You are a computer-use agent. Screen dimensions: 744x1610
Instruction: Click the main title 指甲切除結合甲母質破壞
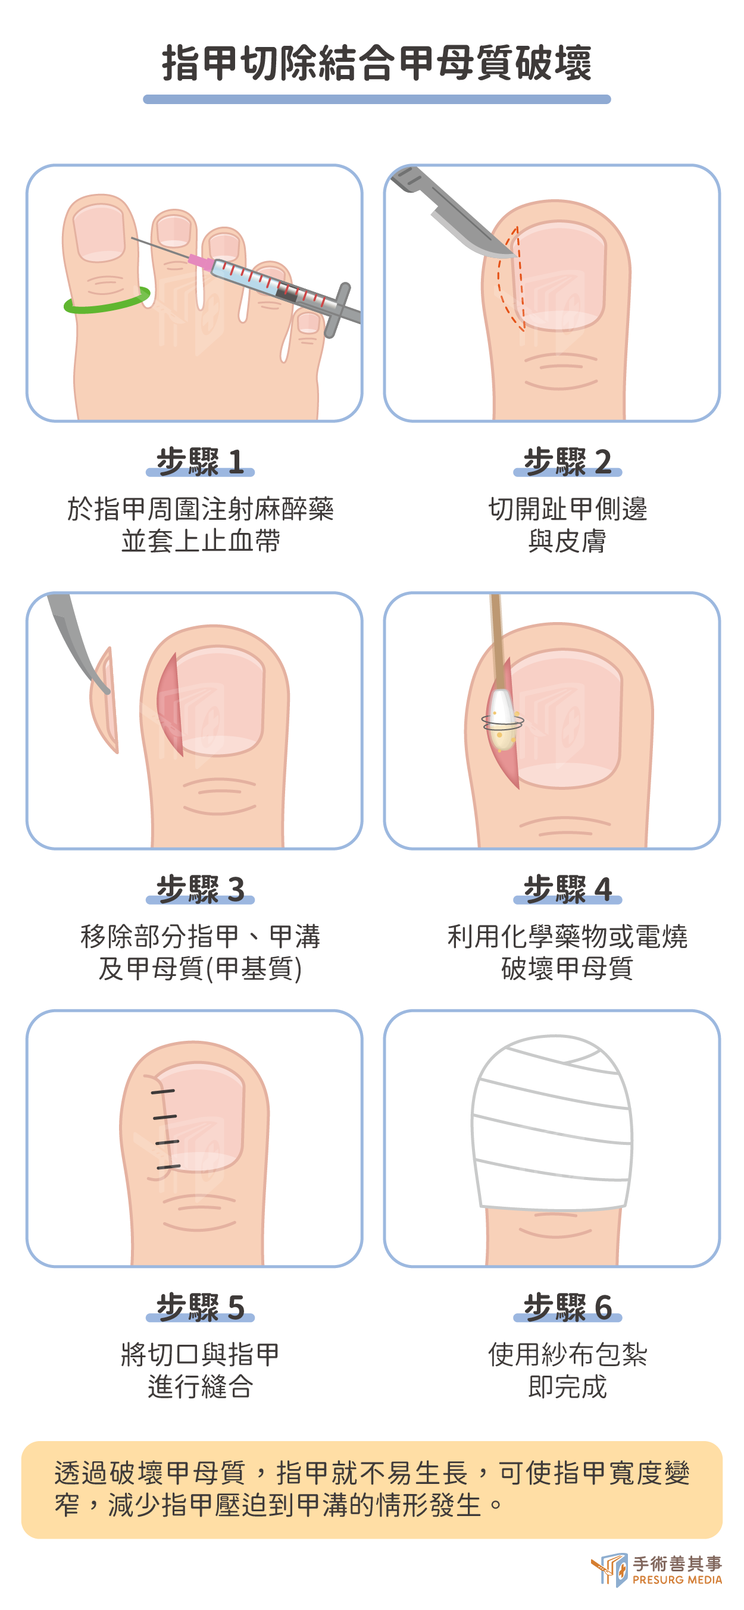(376, 63)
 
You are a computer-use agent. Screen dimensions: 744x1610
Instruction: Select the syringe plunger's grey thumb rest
(337, 309)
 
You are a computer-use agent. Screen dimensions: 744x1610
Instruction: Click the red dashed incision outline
(510, 279)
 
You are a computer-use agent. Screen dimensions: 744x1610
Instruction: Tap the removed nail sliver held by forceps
(105, 700)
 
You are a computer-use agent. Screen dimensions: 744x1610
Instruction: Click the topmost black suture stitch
(162, 1092)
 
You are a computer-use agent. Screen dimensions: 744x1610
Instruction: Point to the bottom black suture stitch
(168, 1166)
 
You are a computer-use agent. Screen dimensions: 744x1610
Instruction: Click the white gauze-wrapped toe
(551, 1122)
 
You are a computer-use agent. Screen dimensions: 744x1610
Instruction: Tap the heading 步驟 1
(200, 462)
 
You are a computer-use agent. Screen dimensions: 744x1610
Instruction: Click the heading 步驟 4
(567, 889)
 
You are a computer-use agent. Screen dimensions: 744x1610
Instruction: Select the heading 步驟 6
(567, 1307)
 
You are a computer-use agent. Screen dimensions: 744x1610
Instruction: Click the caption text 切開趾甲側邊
(567, 509)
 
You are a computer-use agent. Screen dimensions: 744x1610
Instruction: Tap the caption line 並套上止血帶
(200, 541)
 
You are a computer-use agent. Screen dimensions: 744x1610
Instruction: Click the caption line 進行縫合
(200, 1386)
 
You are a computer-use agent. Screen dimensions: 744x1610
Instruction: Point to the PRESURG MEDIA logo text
(677, 1580)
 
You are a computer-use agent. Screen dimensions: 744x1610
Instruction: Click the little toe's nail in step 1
(308, 322)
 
